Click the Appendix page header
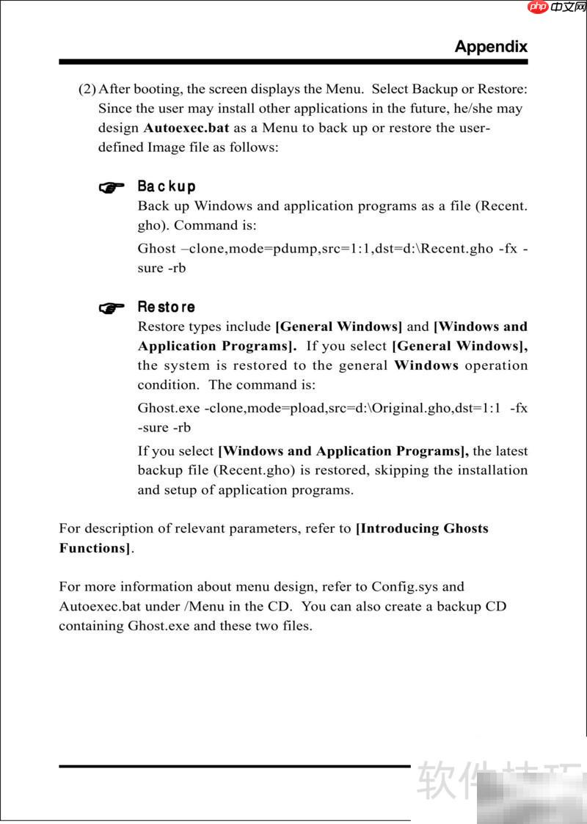tap(491, 46)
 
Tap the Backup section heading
tap(167, 186)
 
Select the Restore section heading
tap(167, 307)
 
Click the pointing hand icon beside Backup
tap(112, 188)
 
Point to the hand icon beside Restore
tap(112, 308)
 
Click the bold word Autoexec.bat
tap(186, 128)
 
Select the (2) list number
tap(87, 90)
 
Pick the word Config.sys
tap(406, 587)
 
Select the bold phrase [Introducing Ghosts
tap(422, 528)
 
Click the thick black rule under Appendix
tap(293, 62)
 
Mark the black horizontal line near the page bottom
tap(235, 766)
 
